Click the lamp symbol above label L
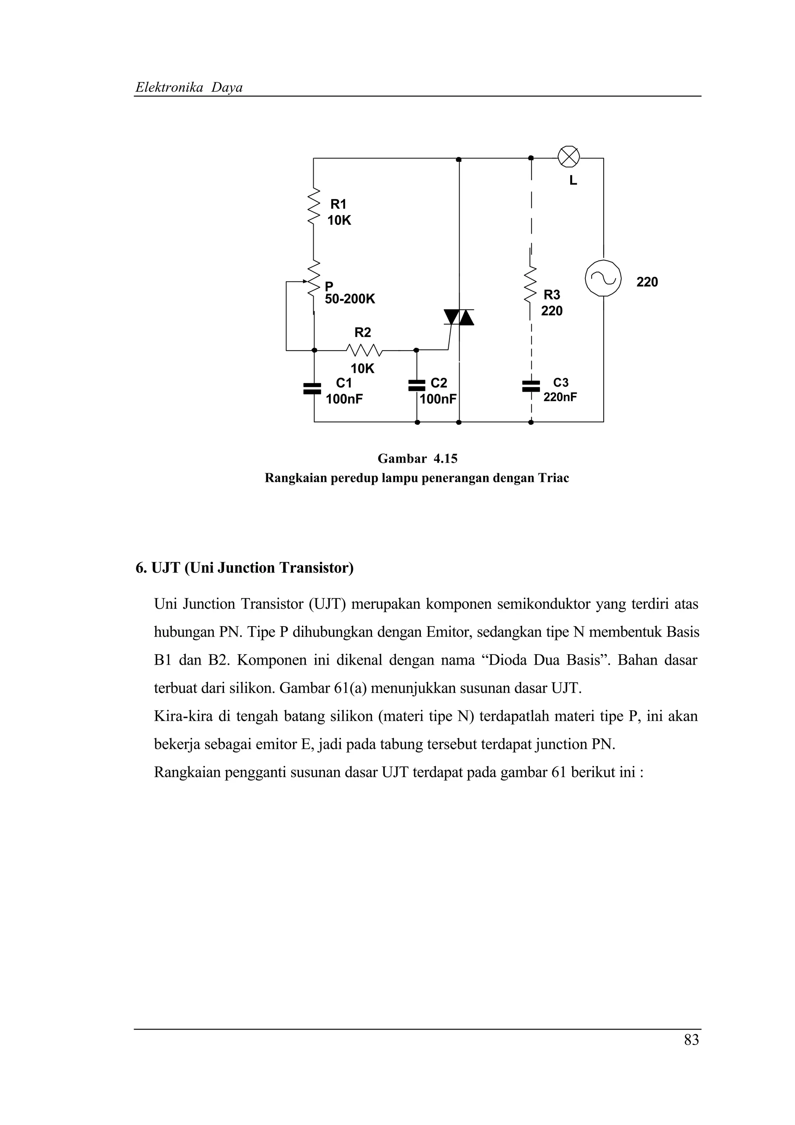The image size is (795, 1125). click(569, 157)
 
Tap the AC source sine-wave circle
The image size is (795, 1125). click(603, 278)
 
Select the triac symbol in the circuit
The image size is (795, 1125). click(459, 318)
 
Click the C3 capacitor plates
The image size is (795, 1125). click(531, 386)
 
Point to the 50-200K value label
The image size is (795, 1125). click(350, 299)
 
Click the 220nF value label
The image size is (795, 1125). click(560, 397)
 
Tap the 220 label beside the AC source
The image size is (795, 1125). click(647, 282)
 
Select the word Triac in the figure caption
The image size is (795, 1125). click(554, 478)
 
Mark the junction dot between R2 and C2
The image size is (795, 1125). click(417, 350)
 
